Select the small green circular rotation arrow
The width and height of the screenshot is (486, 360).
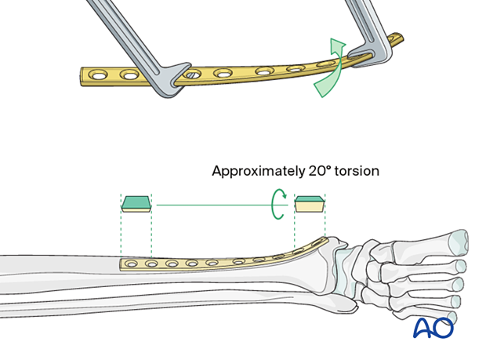(275, 205)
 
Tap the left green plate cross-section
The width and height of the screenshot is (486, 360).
(136, 204)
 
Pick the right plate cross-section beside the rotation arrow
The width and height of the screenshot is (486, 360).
(309, 205)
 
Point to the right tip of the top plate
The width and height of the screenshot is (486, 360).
(401, 37)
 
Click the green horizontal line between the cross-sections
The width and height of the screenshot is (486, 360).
(212, 205)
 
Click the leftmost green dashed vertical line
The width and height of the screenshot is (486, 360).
(121, 227)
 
